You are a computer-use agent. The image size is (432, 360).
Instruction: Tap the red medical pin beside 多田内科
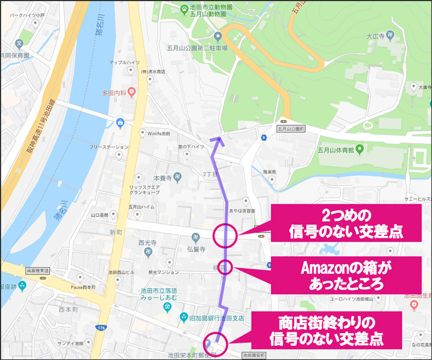coord(132,92)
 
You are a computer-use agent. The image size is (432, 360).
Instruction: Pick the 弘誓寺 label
coord(196,249)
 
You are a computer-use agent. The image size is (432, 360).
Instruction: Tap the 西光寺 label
coord(147,242)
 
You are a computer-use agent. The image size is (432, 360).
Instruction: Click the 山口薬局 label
coord(99,215)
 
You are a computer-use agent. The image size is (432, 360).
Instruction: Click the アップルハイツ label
coord(125,62)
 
